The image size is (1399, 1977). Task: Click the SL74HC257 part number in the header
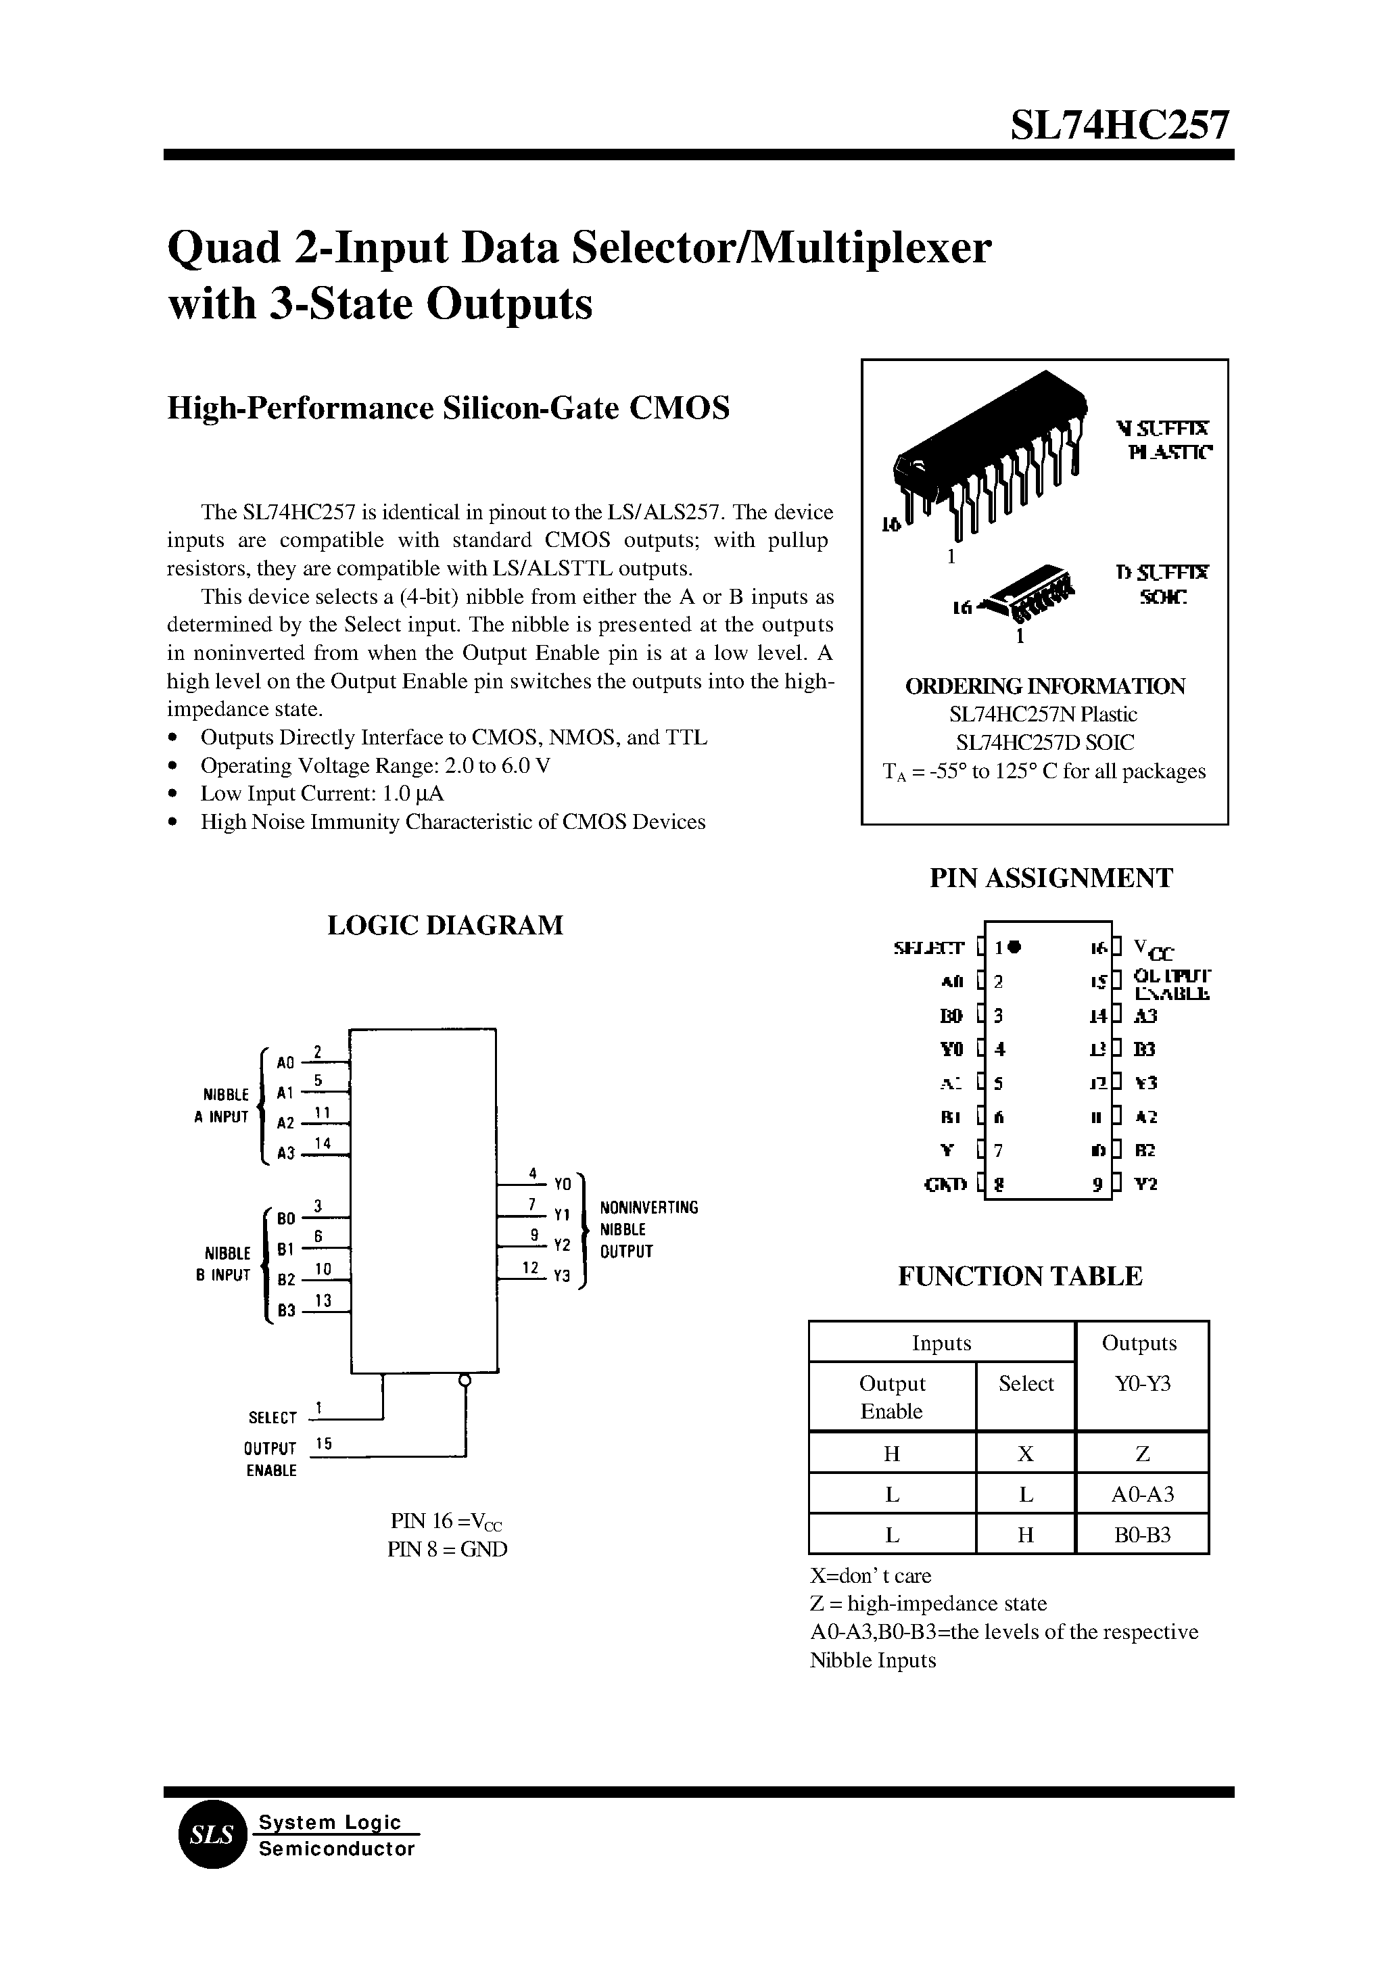point(1120,126)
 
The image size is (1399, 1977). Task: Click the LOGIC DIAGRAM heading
point(446,925)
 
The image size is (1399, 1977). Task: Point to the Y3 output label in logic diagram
point(562,1277)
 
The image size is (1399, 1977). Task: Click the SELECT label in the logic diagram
point(272,1418)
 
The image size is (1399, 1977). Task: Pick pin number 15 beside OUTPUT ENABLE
point(324,1444)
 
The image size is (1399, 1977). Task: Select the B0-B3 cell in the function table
point(1142,1534)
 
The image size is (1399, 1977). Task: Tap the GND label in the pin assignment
point(945,1185)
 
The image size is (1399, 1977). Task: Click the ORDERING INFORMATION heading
point(1045,686)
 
